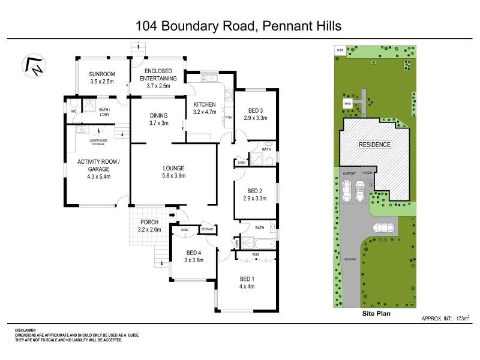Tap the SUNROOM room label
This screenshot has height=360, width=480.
coord(101,74)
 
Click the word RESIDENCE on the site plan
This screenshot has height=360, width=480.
coord(374,145)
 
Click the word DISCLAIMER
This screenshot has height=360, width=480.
coord(25,330)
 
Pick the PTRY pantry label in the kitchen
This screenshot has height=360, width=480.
coord(229,118)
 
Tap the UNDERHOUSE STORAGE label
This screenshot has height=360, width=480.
coord(98,143)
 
